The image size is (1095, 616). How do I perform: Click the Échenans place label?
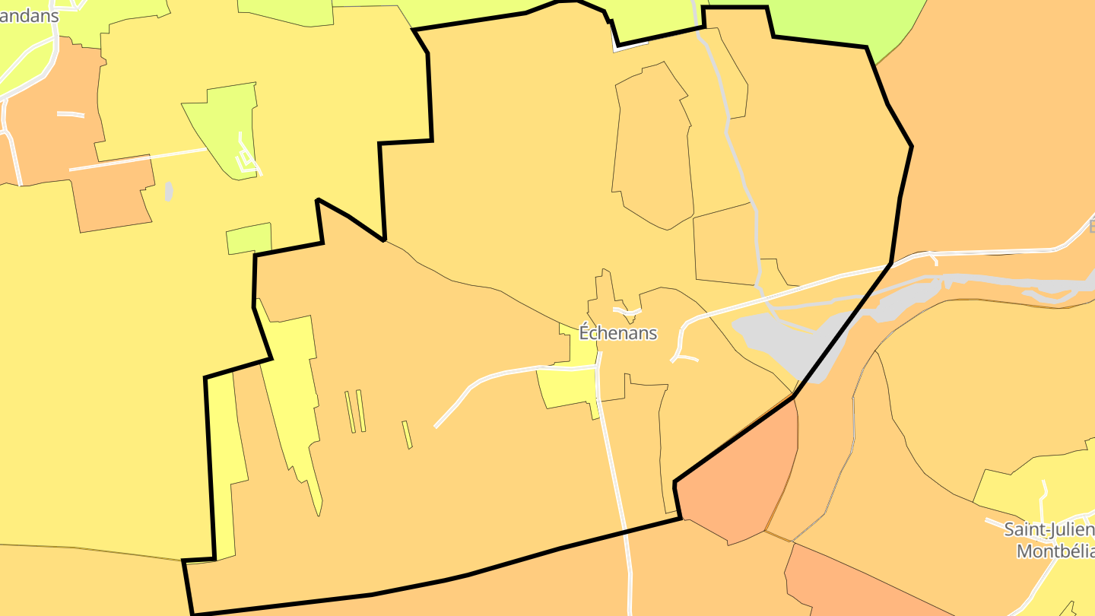[617, 333]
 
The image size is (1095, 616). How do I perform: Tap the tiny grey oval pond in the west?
[169, 191]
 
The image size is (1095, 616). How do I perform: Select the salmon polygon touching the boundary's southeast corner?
[741, 479]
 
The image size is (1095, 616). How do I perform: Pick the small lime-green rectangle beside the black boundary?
[248, 240]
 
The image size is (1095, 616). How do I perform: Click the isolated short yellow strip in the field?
[408, 434]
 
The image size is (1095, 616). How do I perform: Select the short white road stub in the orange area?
[70, 114]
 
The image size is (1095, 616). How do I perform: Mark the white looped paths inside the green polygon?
[246, 156]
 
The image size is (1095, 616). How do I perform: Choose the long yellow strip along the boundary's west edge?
[222, 464]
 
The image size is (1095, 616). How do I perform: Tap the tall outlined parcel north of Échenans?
[652, 144]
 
